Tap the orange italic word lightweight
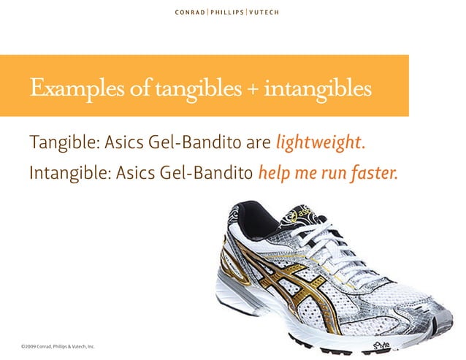(x=321, y=142)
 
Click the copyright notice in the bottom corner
(x=58, y=345)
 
